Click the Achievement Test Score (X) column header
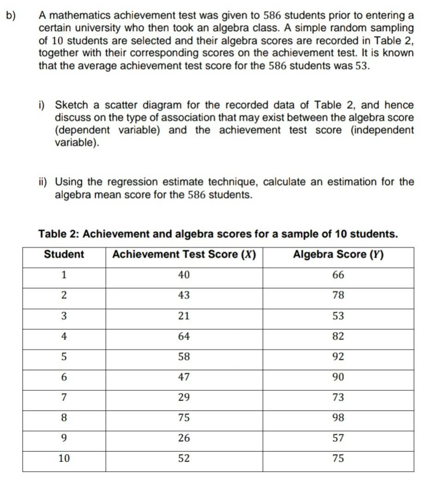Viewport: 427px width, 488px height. coord(184,255)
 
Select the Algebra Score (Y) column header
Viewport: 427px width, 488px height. coord(338,255)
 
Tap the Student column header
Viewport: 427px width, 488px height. coord(64,255)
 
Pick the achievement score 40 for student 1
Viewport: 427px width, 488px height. coord(184,275)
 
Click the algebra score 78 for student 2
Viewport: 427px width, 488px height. coord(338,295)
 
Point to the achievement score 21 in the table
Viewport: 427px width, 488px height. coord(184,316)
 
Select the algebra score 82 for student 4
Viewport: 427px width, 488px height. coord(338,336)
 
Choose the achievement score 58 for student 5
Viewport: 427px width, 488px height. coord(184,357)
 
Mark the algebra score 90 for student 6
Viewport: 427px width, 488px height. coord(338,377)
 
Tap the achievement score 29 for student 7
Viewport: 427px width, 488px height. coord(184,397)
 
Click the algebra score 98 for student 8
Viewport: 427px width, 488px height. coord(338,418)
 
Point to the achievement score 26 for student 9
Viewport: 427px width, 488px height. coord(184,438)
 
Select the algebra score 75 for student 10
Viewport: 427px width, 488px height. coord(338,458)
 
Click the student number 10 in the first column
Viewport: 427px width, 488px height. coord(64,458)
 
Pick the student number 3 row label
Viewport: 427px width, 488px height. coord(64,316)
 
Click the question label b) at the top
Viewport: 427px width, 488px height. coord(11,15)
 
